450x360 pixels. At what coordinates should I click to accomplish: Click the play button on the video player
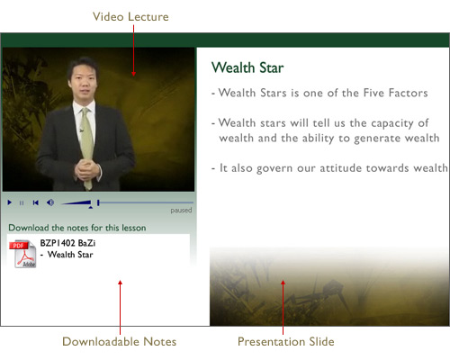pyautogui.click(x=10, y=202)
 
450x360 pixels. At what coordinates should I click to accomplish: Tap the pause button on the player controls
pyautogui.click(x=22, y=203)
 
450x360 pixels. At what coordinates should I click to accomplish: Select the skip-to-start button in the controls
pyautogui.click(x=36, y=202)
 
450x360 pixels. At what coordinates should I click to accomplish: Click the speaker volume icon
pyautogui.click(x=50, y=202)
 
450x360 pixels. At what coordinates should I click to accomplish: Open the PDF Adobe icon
pyautogui.click(x=23, y=254)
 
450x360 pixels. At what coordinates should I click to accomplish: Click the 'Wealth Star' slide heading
pyautogui.click(x=247, y=67)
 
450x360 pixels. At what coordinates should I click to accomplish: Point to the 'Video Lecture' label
pyautogui.click(x=130, y=17)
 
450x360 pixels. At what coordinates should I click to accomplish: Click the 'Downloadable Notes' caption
pyautogui.click(x=120, y=342)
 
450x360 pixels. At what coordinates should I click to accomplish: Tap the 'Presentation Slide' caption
pyautogui.click(x=286, y=342)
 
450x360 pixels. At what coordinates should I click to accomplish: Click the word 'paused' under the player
pyautogui.click(x=181, y=211)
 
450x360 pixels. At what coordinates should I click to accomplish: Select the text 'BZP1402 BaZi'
pyautogui.click(x=67, y=243)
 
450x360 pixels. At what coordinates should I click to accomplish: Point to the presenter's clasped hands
pyautogui.click(x=87, y=169)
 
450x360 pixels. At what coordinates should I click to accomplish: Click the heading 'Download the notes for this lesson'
pyautogui.click(x=77, y=228)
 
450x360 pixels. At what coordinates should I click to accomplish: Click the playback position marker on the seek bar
pyautogui.click(x=98, y=202)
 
